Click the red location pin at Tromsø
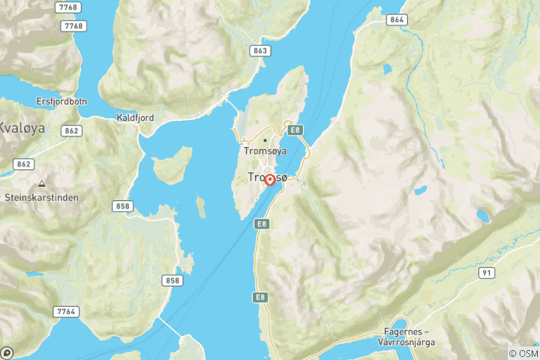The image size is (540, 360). tap(270, 181)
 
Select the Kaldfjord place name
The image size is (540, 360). tap(135, 118)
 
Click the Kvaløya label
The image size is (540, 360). tap(22, 127)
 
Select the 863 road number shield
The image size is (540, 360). tap(259, 51)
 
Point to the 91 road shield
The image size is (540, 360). tap(488, 274)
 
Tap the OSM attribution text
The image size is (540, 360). tap(523, 353)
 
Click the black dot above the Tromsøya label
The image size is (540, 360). tap(265, 139)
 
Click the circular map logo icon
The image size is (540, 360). tap(7, 352)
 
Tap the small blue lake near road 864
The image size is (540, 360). tap(387, 69)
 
